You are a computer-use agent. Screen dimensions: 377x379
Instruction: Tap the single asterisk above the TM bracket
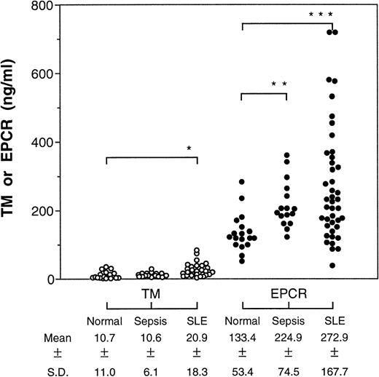189,148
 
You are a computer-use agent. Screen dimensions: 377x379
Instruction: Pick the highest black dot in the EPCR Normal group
241,182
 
